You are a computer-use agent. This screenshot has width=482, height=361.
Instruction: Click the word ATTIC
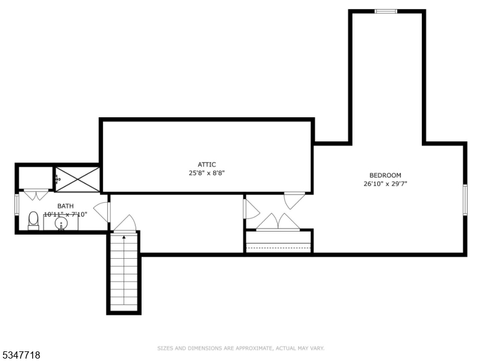(207, 164)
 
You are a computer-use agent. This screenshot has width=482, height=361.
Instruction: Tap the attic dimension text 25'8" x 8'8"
(207, 173)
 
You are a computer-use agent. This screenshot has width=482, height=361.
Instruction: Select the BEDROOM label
(385, 176)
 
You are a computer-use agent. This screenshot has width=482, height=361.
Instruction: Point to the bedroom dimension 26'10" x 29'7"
(385, 184)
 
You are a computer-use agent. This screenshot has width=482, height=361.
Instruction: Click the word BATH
(65, 206)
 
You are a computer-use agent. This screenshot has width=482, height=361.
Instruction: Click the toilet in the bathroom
(34, 221)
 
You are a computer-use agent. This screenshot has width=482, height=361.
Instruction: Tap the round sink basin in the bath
(61, 224)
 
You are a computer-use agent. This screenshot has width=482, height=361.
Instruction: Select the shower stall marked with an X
(77, 178)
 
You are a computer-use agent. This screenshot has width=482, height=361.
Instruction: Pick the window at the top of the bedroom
(386, 11)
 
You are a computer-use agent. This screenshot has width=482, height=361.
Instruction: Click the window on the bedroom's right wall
(465, 199)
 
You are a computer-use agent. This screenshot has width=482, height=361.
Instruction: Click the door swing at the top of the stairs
(125, 224)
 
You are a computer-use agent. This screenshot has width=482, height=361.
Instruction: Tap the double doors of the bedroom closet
(278, 222)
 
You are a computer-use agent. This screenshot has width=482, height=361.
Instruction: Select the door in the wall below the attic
(294, 200)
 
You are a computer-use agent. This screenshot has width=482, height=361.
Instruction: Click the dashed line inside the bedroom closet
(278, 244)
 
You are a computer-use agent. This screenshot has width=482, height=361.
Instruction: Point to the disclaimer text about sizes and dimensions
(241, 348)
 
